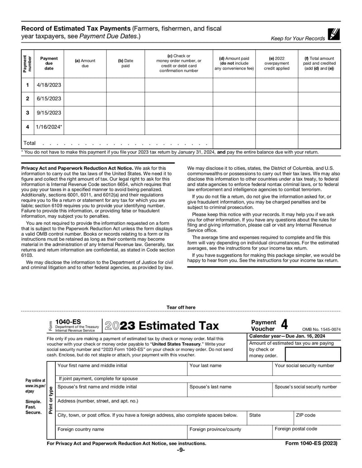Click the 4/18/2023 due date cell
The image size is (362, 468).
[49, 85]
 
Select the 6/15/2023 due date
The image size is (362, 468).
[49, 99]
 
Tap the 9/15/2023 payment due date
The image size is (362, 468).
[49, 113]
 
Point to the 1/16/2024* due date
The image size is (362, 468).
[49, 127]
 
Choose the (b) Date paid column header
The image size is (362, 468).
[125, 63]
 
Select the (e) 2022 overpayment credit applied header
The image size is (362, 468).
[276, 63]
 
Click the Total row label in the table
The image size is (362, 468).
[29, 143]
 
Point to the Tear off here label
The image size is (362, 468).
[181, 307]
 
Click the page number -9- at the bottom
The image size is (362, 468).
[181, 450]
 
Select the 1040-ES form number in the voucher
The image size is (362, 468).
[68, 321]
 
